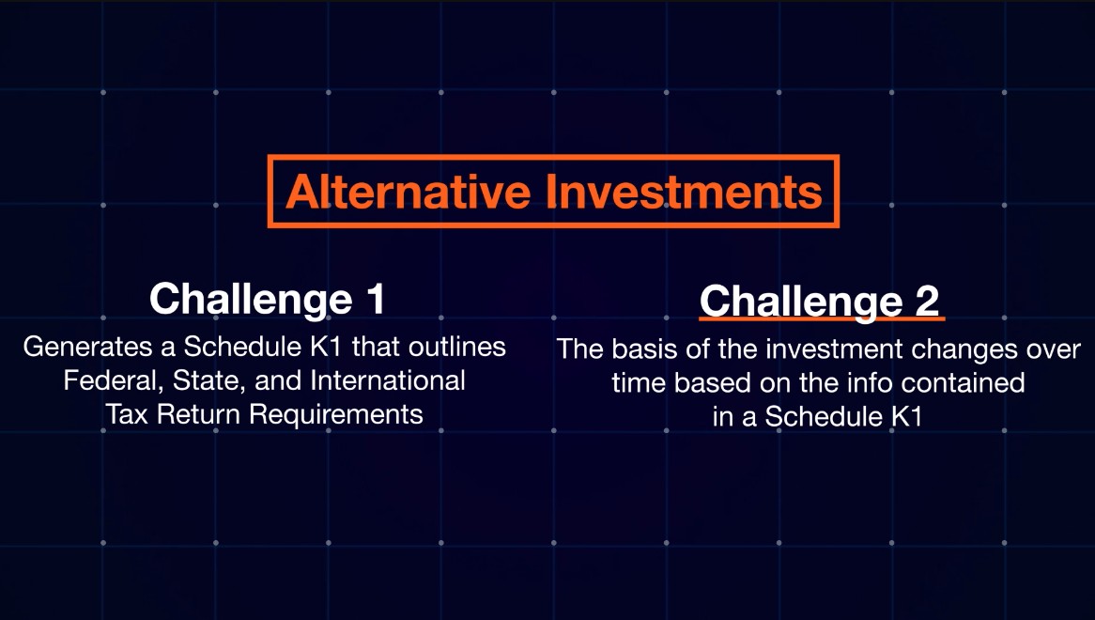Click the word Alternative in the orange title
pos(409,192)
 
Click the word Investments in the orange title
pos(684,192)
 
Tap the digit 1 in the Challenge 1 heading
pos(375,298)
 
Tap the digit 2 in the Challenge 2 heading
pos(927,301)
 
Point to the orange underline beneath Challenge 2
pos(822,318)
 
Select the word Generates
pos(88,347)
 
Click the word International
pos(388,380)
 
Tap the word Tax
pos(127,414)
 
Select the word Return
pos(199,414)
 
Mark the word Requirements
pos(336,414)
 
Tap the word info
pos(871,382)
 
